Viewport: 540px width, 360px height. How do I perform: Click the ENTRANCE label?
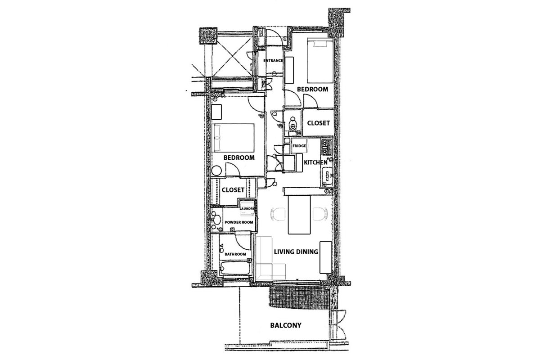click(273, 60)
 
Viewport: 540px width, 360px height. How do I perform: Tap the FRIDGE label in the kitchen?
click(299, 146)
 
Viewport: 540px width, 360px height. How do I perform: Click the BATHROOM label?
click(235, 254)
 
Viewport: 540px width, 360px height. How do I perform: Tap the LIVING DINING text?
click(296, 252)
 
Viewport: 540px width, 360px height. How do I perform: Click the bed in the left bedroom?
click(234, 138)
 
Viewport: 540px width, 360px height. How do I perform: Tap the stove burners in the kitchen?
click(326, 146)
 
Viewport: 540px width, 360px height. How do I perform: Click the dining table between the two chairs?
click(299, 215)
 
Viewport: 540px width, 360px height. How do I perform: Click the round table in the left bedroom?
click(218, 170)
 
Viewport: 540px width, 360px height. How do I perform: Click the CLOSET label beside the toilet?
click(318, 123)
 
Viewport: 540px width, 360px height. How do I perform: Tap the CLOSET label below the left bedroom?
click(233, 190)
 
